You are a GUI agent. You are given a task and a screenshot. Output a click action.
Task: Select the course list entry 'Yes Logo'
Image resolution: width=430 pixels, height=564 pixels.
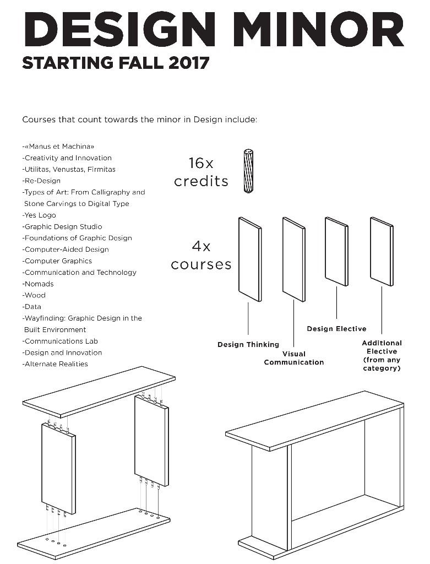point(40,215)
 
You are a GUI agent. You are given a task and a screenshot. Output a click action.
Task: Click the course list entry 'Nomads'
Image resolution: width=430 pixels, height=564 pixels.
point(39,284)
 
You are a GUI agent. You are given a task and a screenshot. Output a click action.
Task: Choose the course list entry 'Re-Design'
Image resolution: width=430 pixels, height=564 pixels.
point(42,181)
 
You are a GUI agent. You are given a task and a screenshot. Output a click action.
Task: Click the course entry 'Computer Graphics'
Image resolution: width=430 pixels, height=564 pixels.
point(58,261)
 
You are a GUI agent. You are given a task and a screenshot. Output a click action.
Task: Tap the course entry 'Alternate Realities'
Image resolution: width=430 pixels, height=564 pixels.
point(56,364)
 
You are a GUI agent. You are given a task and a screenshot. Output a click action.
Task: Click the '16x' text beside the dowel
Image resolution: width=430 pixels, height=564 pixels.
point(200,163)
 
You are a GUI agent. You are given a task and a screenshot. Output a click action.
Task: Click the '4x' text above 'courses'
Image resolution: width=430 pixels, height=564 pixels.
point(201,246)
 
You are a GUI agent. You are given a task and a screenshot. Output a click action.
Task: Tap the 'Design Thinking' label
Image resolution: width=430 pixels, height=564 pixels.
point(248,345)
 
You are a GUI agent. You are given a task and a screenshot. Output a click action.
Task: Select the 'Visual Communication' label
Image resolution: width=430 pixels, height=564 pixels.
point(294,358)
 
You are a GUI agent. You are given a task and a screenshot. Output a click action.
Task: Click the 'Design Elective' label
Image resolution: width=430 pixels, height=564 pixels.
point(336,329)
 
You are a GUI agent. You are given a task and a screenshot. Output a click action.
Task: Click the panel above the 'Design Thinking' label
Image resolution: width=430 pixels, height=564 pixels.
point(249,259)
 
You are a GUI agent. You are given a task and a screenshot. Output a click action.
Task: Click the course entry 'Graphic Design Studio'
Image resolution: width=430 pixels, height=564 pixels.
point(63,226)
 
